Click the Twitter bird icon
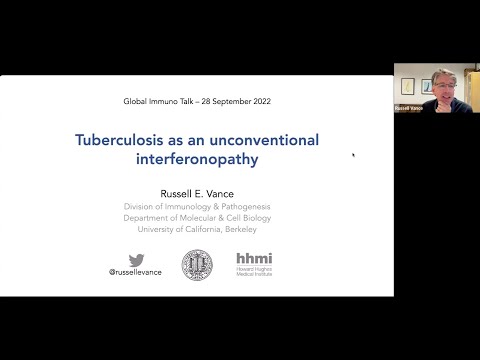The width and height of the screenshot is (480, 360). pyautogui.click(x=137, y=261)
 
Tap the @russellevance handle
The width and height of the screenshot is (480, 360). pyautogui.click(x=137, y=272)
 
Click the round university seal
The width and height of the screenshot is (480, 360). pyautogui.click(x=197, y=264)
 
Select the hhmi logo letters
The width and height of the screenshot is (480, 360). pyautogui.click(x=253, y=259)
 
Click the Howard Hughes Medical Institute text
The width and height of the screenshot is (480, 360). pyautogui.click(x=253, y=272)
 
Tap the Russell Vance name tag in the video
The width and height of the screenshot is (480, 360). pyautogui.click(x=410, y=107)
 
